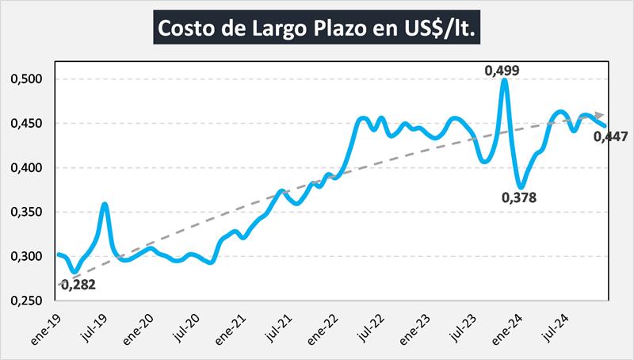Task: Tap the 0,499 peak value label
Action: pos(502,71)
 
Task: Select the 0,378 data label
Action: pos(519,197)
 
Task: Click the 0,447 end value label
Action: pos(610,138)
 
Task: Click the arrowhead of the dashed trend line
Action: pos(602,116)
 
